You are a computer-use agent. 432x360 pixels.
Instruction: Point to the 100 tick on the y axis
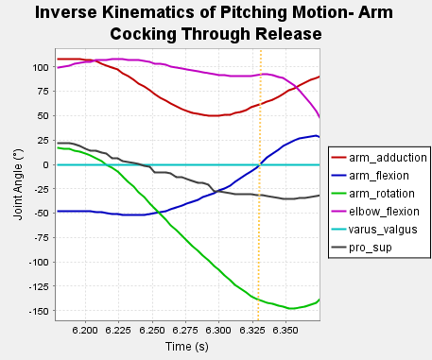point(41,68)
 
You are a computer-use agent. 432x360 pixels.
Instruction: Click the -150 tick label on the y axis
point(38,311)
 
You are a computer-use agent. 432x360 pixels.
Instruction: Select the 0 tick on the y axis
point(45,165)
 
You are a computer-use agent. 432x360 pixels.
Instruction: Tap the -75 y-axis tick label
point(41,238)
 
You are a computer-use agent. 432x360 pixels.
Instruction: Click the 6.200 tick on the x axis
point(85,332)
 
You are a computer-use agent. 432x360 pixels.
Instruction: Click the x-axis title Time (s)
point(187,348)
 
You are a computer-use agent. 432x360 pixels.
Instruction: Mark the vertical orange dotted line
point(260,236)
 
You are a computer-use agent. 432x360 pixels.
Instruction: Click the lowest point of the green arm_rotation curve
point(291,308)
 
